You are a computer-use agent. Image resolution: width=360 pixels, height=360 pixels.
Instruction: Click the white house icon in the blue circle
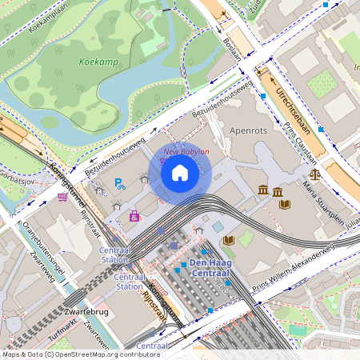click(180, 172)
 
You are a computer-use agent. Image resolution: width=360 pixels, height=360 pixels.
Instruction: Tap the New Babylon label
click(186, 151)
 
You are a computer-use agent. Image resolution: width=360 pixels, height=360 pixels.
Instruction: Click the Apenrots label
click(247, 128)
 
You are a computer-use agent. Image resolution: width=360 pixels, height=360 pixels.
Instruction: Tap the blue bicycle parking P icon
click(119, 184)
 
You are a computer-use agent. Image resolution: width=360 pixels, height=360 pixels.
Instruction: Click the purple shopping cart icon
click(62, 196)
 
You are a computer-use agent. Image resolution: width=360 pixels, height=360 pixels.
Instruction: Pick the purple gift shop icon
click(134, 215)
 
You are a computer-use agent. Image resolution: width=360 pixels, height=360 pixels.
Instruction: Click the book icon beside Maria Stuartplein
click(284, 204)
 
